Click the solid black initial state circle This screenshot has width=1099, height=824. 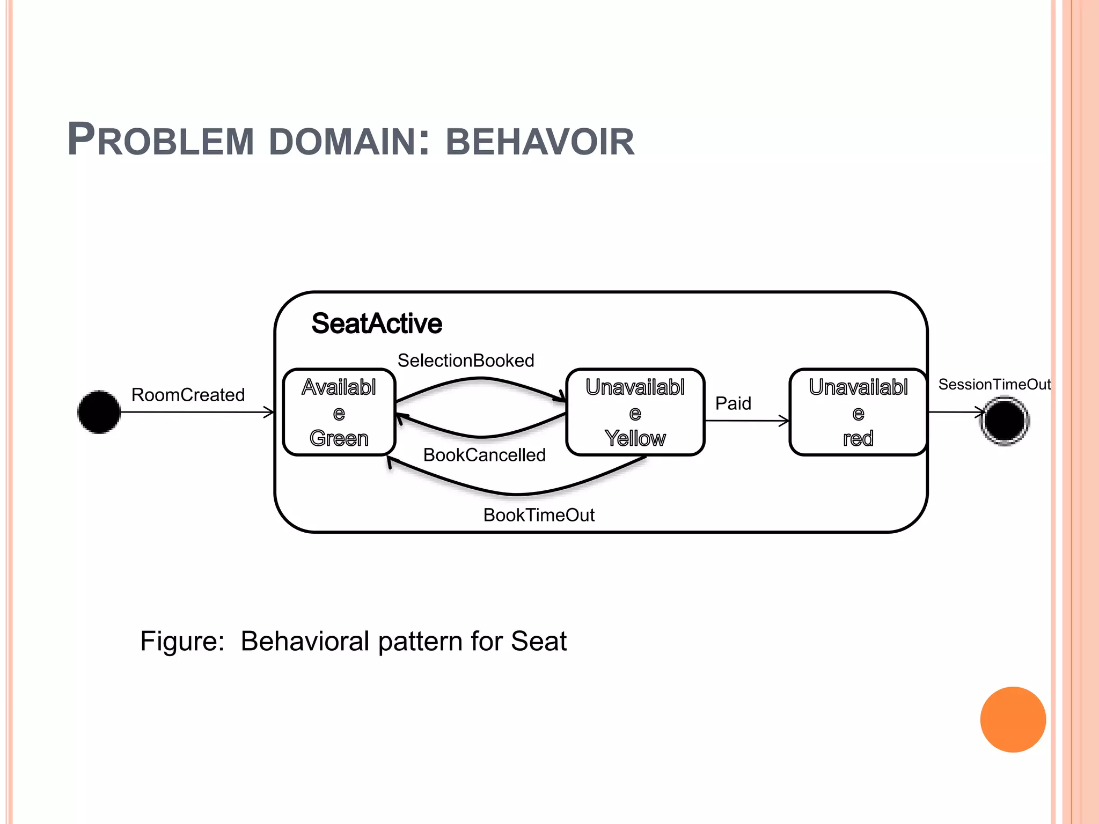click(99, 412)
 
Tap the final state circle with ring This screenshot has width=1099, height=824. click(1005, 421)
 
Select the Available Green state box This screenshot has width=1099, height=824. click(339, 412)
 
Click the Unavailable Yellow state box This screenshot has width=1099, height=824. click(635, 412)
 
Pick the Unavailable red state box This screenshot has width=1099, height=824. click(858, 412)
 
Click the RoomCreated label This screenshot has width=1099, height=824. click(188, 395)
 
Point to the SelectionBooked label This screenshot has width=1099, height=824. click(465, 360)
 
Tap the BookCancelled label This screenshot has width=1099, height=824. click(484, 455)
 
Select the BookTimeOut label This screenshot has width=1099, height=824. click(539, 515)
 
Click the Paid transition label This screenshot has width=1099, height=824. click(733, 403)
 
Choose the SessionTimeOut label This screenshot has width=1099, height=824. click(994, 385)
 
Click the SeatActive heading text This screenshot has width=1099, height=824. click(377, 323)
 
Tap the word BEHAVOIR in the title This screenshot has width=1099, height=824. click(540, 142)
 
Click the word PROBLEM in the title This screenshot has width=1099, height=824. click(160, 141)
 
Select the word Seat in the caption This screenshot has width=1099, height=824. click(538, 641)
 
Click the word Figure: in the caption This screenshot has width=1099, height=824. click(182, 641)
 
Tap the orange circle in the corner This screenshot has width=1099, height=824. click(1013, 719)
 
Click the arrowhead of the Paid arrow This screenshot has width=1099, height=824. click(785, 421)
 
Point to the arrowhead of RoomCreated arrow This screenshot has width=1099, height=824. click(269, 412)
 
